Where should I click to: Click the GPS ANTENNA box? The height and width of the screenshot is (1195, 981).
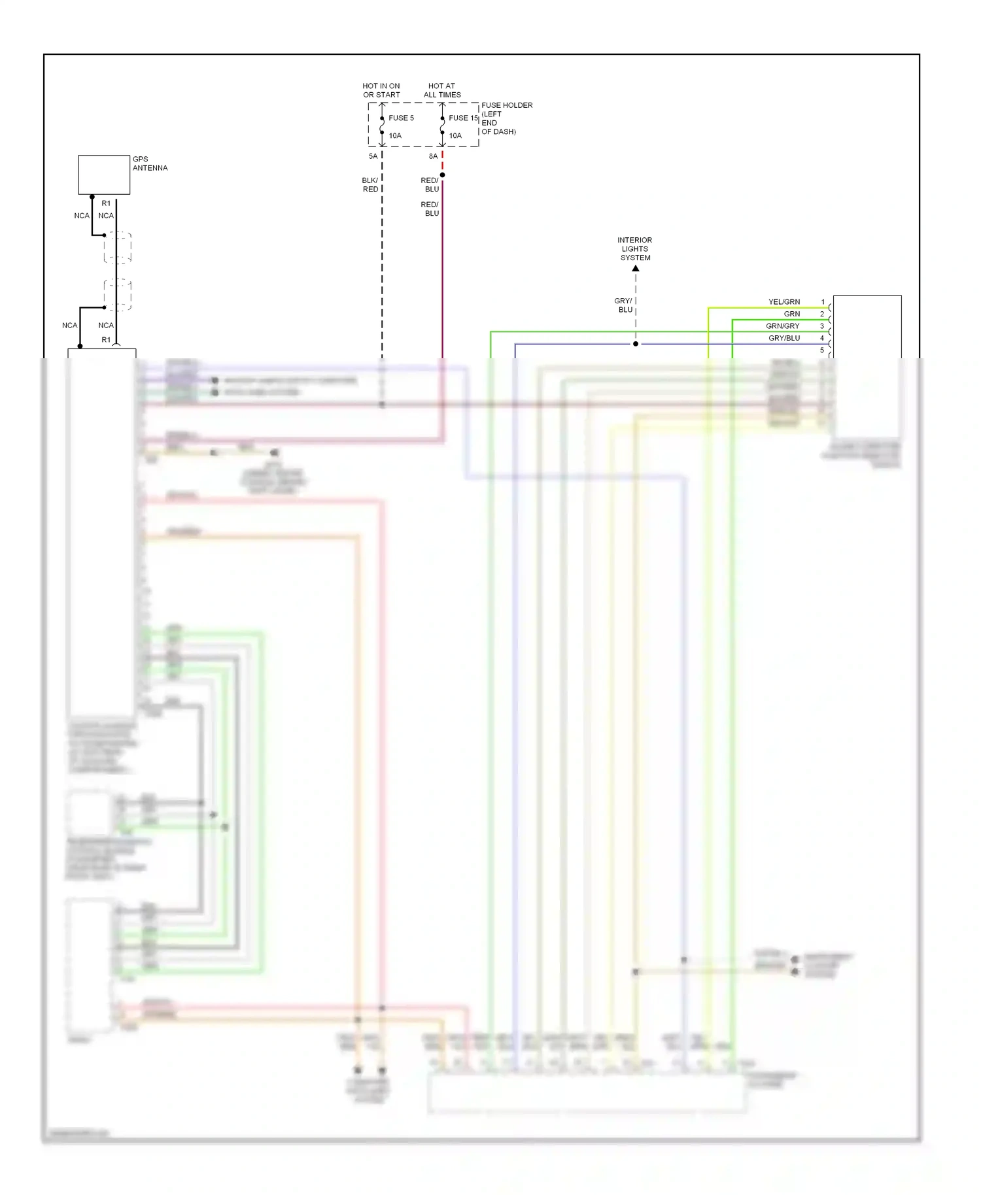104,175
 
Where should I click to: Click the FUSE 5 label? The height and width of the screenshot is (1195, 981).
401,118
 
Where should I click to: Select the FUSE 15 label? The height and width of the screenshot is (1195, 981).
463,118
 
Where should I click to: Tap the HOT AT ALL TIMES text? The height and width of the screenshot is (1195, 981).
442,90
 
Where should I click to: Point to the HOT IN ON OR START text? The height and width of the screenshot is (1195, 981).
381,90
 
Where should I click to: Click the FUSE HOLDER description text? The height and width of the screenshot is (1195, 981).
506,118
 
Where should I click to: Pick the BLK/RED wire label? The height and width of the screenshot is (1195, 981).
370,185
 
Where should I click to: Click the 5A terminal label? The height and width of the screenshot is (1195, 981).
373,156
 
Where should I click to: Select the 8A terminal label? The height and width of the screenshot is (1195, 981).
433,156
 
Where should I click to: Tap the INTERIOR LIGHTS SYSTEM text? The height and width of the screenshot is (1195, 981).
635,249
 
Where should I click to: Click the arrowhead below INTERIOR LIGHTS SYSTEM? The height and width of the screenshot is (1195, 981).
636,269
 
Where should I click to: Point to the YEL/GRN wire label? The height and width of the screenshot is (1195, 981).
784,302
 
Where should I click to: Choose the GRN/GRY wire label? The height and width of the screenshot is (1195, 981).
783,326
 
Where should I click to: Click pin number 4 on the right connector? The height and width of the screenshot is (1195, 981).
823,338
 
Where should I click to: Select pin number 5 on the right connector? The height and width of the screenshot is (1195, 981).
823,350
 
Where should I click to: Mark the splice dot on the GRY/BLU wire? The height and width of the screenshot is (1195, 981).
636,344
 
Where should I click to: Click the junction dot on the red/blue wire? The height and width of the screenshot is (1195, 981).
443,175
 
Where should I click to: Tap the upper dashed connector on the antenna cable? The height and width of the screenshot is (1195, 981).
118,247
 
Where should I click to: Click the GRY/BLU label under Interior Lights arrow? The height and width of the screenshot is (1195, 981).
624,305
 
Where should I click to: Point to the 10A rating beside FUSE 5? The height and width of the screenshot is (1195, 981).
395,136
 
